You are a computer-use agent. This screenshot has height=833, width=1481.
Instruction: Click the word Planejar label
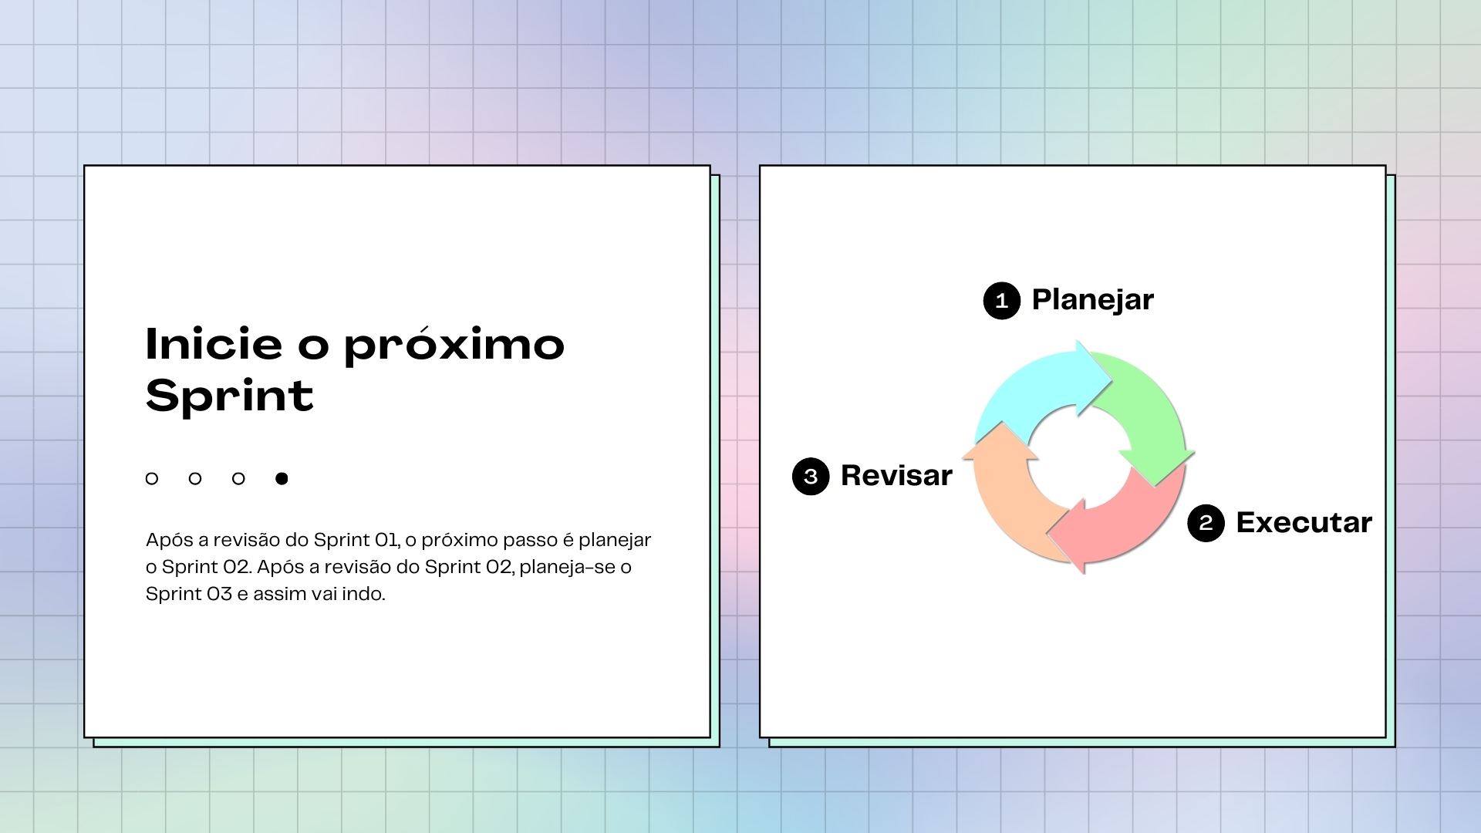[x=1092, y=300]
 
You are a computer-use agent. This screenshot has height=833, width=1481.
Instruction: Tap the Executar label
[x=1304, y=523]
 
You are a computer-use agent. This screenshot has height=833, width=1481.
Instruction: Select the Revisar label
[x=896, y=476]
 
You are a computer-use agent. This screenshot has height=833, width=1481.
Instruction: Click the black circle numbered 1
[x=1002, y=301]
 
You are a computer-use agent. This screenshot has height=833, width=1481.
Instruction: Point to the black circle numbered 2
[x=1206, y=523]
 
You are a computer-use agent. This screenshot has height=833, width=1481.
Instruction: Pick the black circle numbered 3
[x=811, y=477]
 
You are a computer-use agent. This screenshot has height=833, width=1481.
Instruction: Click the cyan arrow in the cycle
[x=1037, y=386]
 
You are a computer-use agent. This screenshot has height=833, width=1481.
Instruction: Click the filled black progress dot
[x=282, y=479]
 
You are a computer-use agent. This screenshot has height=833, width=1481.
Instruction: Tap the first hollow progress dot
[x=152, y=479]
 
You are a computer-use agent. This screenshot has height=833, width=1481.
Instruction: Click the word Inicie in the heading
[x=214, y=344]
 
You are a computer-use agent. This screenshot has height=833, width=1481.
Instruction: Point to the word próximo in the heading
[x=454, y=346]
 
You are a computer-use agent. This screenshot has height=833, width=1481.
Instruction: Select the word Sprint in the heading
[x=230, y=396]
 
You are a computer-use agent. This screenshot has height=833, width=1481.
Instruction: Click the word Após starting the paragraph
[x=170, y=540]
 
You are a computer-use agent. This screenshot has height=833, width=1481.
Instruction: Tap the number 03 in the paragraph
[x=219, y=594]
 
